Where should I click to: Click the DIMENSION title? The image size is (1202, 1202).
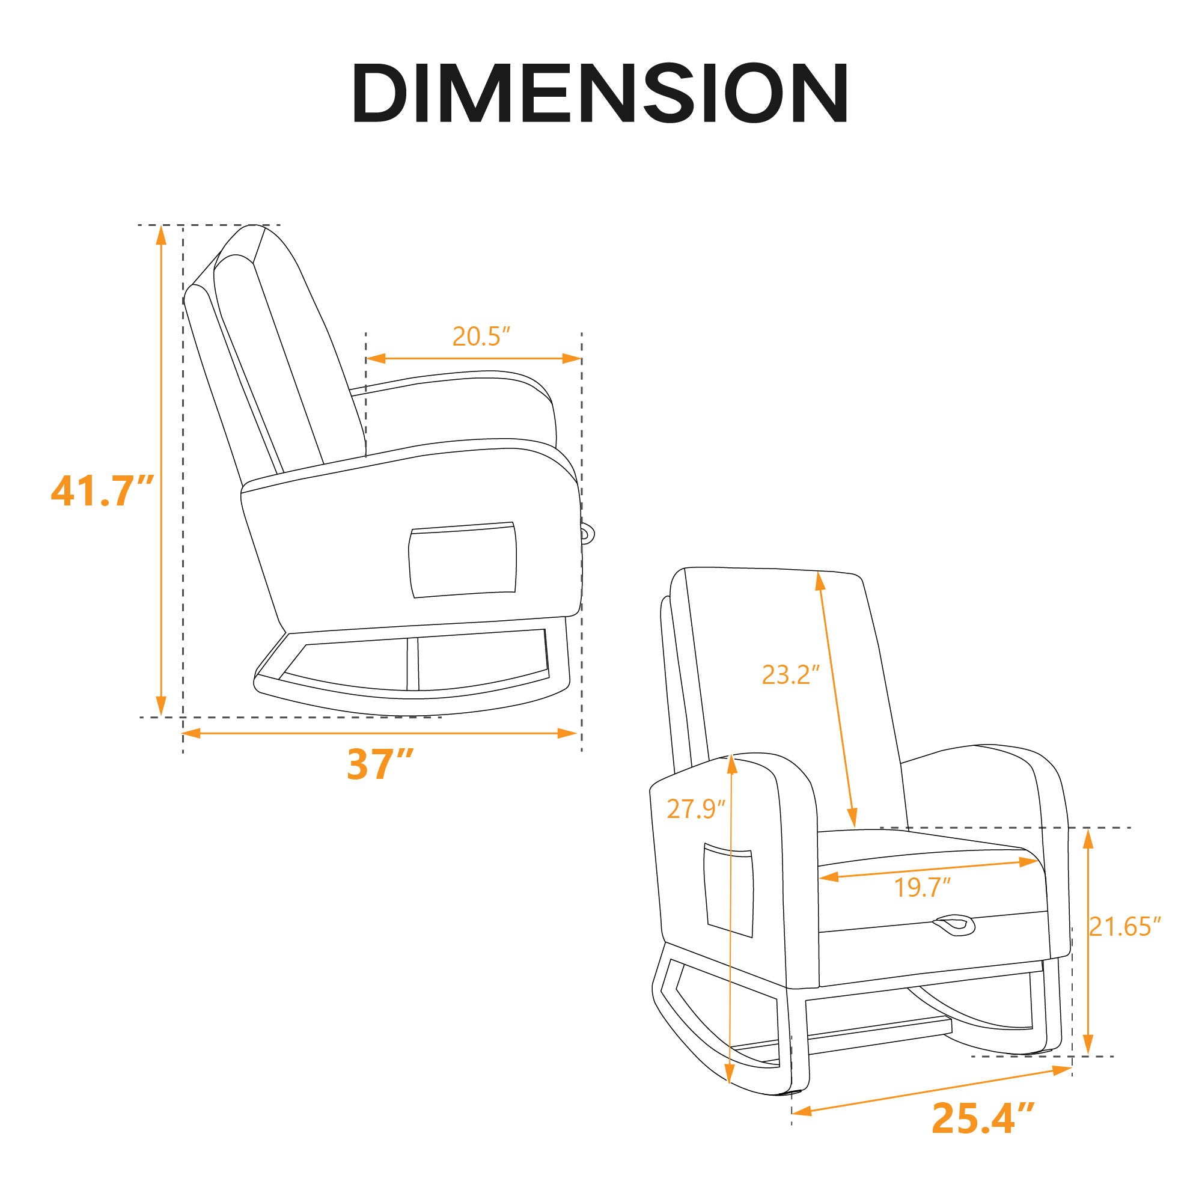click(x=600, y=93)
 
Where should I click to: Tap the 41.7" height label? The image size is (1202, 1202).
click(x=102, y=491)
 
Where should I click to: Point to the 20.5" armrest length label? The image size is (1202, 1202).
click(x=481, y=337)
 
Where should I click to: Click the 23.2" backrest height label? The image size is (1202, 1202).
click(x=787, y=674)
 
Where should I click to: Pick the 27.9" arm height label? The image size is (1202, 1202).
click(x=696, y=809)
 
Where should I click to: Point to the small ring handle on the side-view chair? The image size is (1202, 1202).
click(x=587, y=531)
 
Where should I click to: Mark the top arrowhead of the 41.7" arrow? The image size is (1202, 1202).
click(x=161, y=234)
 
